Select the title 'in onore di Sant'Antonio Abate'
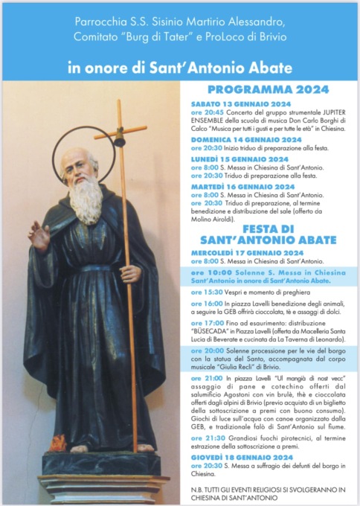coord(179,68)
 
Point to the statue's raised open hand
coord(39,234)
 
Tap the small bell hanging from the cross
coord(118,141)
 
